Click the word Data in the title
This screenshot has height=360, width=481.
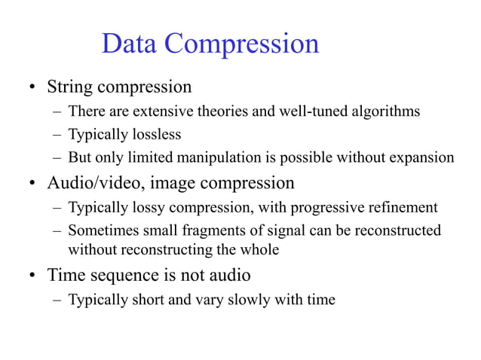[x=129, y=44]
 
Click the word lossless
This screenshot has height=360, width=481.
[x=155, y=136]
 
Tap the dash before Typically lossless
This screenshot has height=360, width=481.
[x=57, y=136]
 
